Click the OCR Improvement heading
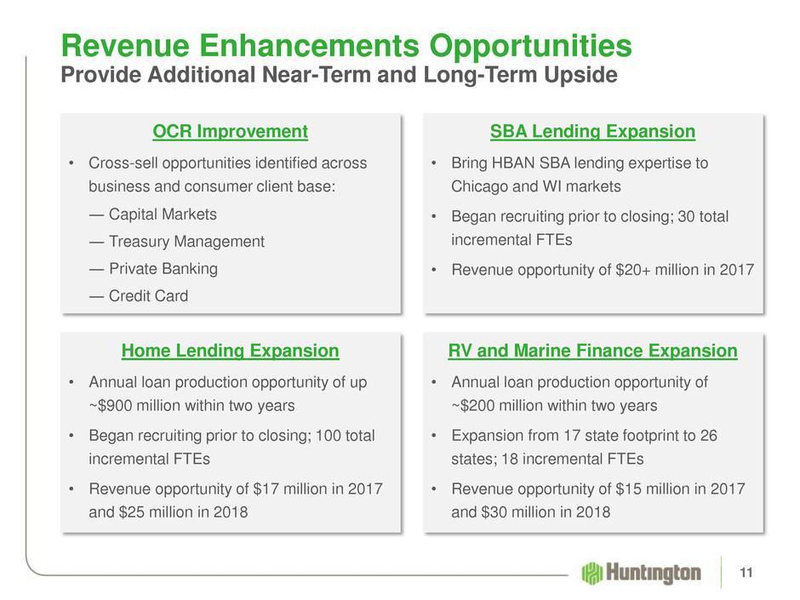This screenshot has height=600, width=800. click(230, 132)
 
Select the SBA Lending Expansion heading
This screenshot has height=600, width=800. click(592, 132)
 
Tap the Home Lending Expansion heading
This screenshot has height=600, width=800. click(230, 351)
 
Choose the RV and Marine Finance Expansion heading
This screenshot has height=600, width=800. click(592, 351)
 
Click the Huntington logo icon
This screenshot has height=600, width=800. click(591, 573)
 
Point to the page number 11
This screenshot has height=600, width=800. click(746, 573)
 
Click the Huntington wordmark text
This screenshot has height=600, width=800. click(654, 573)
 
